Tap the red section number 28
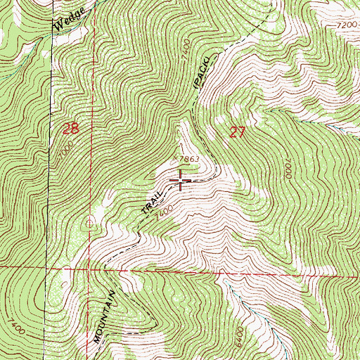70,129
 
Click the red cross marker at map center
181,181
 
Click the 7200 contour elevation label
347,24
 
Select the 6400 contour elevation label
243,330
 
